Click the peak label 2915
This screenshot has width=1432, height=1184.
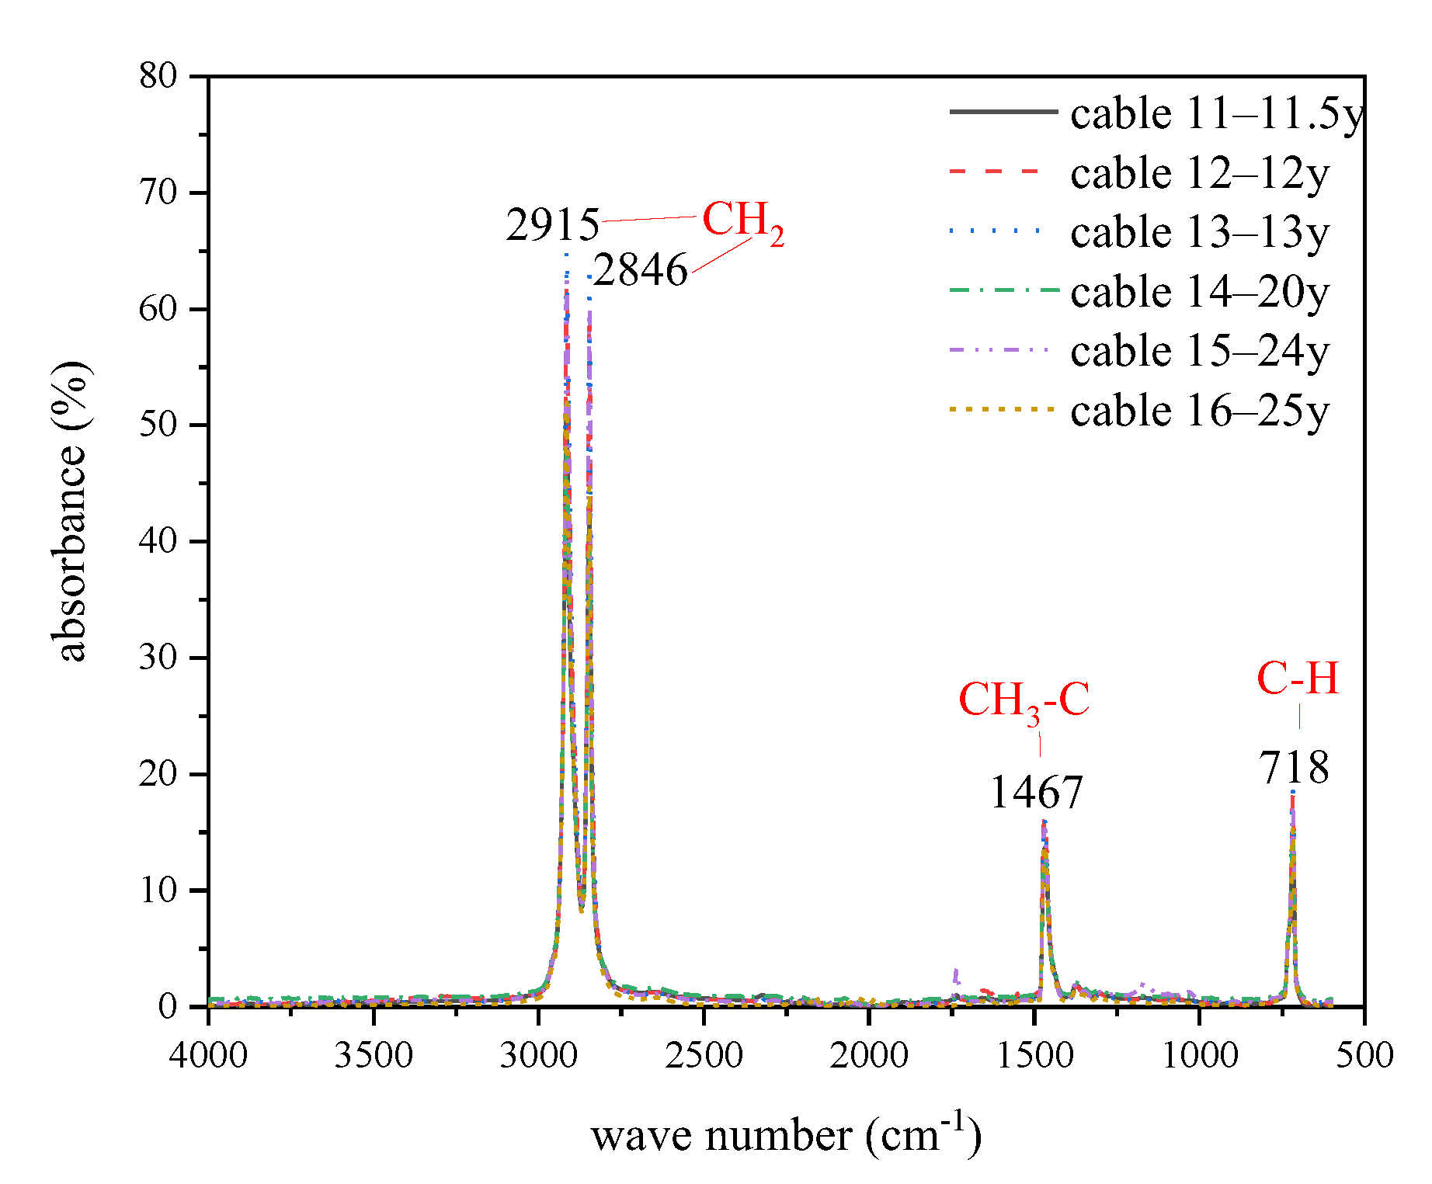pyautogui.click(x=552, y=225)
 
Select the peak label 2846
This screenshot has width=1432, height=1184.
pyautogui.click(x=641, y=270)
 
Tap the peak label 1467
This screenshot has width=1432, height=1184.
pyautogui.click(x=1036, y=793)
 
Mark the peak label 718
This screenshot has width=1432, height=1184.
pyautogui.click(x=1294, y=768)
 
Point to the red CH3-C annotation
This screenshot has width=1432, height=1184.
pyautogui.click(x=1024, y=701)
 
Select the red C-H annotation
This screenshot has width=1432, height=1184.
pyautogui.click(x=1298, y=679)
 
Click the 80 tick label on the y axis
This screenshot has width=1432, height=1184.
pyautogui.click(x=158, y=76)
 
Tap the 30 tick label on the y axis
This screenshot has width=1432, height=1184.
pyautogui.click(x=158, y=658)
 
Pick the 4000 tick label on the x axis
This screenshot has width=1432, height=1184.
pyautogui.click(x=208, y=1055)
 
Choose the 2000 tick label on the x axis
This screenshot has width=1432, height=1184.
pyautogui.click(x=869, y=1055)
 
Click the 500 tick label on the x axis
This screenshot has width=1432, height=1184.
pyautogui.click(x=1364, y=1055)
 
